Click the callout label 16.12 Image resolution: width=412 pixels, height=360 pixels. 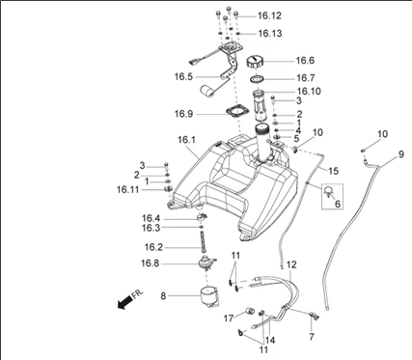[x=269, y=15]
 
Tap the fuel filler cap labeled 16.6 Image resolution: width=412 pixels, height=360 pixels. [x=255, y=61]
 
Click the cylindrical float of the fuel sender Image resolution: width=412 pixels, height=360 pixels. [x=207, y=90]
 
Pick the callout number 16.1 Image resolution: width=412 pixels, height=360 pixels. [x=186, y=140]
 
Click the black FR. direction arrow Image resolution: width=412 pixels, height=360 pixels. [x=125, y=303]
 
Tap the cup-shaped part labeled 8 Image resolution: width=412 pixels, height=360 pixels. [x=209, y=295]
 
